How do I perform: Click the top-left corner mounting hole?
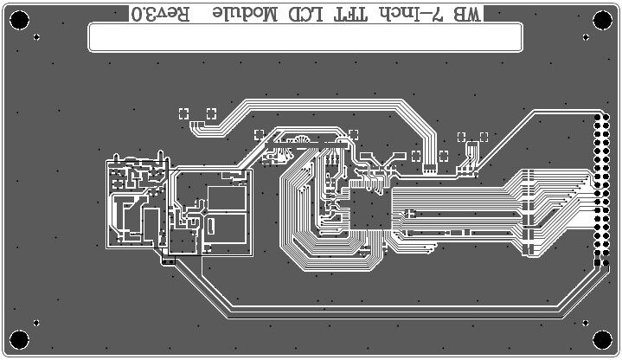(19, 18)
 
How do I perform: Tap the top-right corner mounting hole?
(602, 18)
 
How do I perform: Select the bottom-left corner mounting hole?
(19, 340)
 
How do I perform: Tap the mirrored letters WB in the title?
(471, 13)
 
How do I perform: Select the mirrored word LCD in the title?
(304, 13)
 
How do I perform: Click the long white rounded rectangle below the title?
(305, 37)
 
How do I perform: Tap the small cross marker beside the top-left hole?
(36, 37)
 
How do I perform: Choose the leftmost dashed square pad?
(183, 113)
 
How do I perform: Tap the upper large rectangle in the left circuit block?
(227, 198)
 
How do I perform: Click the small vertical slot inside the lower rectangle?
(211, 224)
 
